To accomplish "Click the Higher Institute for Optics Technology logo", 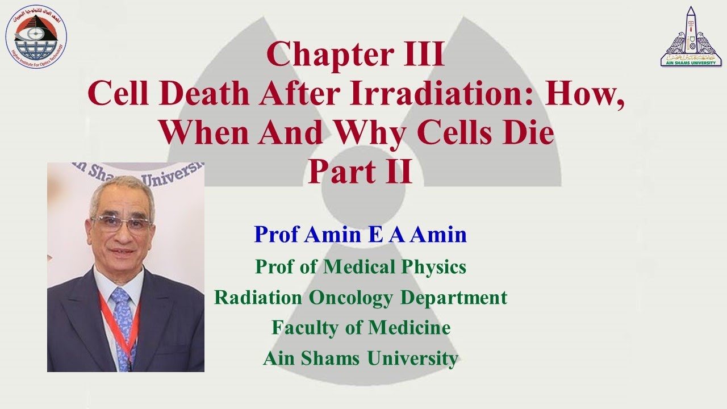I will coord(36,35).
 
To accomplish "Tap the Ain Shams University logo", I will coord(691,37).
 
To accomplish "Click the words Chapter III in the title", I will coord(355,55).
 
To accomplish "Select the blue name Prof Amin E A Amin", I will coord(360,233).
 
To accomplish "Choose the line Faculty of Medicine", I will coord(361,328).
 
